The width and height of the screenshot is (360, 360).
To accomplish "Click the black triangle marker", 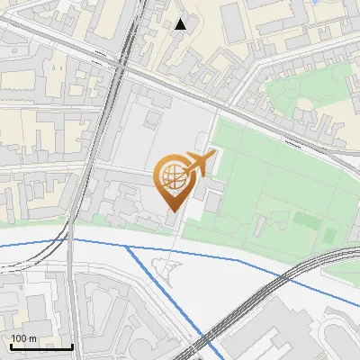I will [x=181, y=23].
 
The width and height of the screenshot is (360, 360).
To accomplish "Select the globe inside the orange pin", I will [x=171, y=177].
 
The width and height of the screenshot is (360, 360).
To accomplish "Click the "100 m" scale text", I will [x=23, y=338].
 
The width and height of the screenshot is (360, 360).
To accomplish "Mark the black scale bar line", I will [x=41, y=346].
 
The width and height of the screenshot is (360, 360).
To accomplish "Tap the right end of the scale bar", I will [x=72, y=346].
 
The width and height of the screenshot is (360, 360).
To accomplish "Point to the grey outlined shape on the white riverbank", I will [x=164, y=267].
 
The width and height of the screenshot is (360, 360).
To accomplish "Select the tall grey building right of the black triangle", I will [x=232, y=22].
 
